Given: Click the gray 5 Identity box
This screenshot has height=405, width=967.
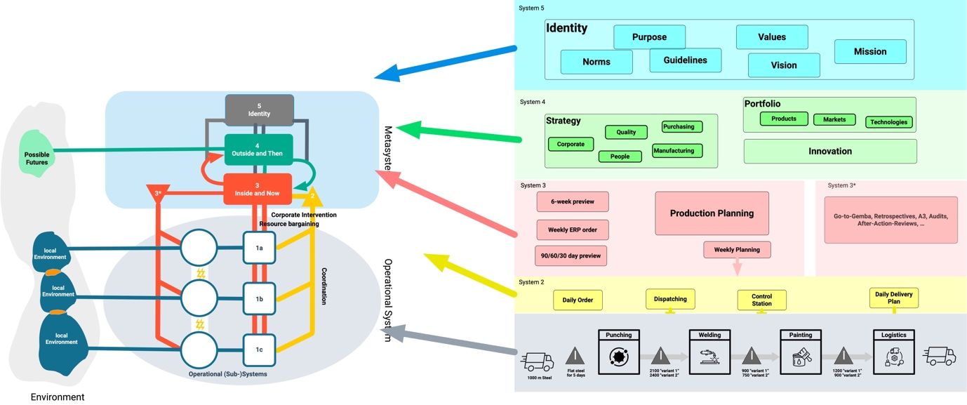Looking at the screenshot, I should (x=259, y=109).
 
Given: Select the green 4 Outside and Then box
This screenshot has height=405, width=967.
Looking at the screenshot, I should (x=259, y=150).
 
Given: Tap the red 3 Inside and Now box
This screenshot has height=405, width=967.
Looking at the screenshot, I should (x=258, y=189).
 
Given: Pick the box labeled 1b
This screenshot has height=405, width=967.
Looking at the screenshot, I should (x=259, y=298).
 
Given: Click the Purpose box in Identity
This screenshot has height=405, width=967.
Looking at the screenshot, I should (x=649, y=37).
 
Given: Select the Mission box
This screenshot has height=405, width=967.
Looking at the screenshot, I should (x=870, y=51).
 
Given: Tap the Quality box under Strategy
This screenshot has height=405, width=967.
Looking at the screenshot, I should (x=626, y=132).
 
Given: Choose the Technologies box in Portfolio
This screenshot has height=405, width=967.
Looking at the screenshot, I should (x=888, y=122).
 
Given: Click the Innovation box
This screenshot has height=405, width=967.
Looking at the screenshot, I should (x=830, y=151).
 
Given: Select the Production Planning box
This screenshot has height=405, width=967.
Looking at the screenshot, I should (x=712, y=213).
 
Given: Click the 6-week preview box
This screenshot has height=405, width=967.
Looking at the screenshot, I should (x=573, y=202).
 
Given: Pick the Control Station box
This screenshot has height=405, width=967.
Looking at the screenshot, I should (x=761, y=300).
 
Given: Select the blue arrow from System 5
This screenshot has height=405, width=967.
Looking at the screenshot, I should (x=449, y=61).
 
